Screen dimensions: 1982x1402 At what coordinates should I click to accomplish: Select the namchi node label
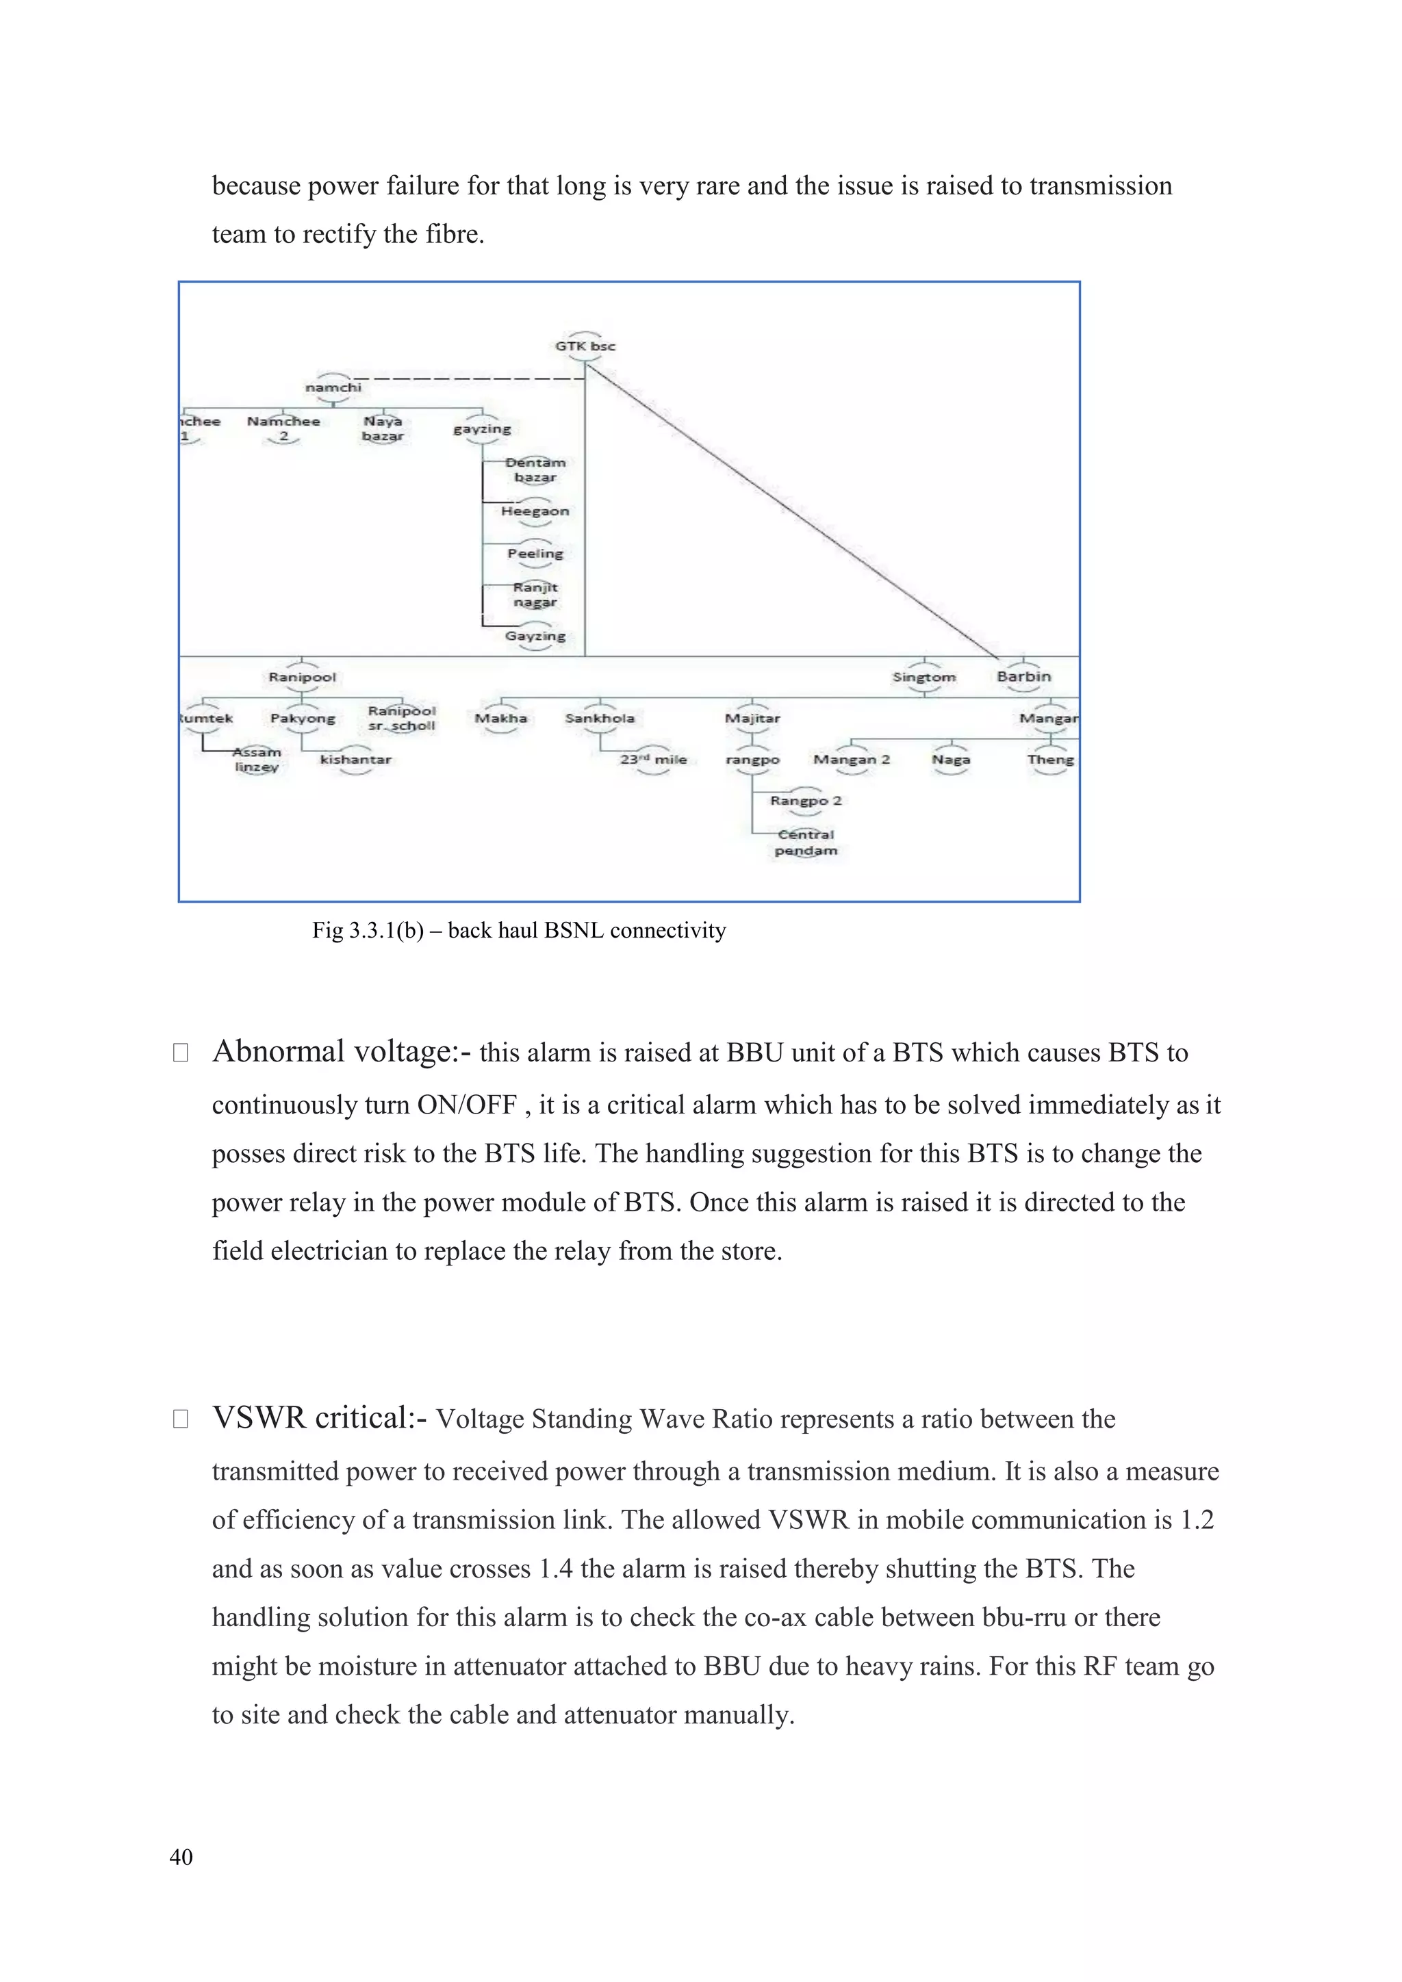333,387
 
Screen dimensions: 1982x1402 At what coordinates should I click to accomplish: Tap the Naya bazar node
383,428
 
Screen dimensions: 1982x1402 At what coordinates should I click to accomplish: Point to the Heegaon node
535,511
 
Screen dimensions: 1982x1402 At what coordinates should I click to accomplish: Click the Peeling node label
535,554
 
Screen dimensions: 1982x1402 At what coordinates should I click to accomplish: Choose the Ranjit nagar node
535,595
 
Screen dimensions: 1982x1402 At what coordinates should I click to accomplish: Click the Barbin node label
1024,676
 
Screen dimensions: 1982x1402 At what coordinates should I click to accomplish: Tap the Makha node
500,718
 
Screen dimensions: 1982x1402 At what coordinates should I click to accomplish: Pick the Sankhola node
599,718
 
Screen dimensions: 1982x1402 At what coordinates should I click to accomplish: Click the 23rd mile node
654,760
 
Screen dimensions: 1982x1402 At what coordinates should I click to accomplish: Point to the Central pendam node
806,842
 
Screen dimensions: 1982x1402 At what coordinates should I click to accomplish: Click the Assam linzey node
257,760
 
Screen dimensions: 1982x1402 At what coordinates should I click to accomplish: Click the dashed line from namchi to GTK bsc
466,379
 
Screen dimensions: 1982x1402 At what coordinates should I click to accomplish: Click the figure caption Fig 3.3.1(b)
518,931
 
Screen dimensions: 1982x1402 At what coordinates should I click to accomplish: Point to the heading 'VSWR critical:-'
320,1417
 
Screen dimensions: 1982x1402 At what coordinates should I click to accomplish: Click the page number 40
181,1857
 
